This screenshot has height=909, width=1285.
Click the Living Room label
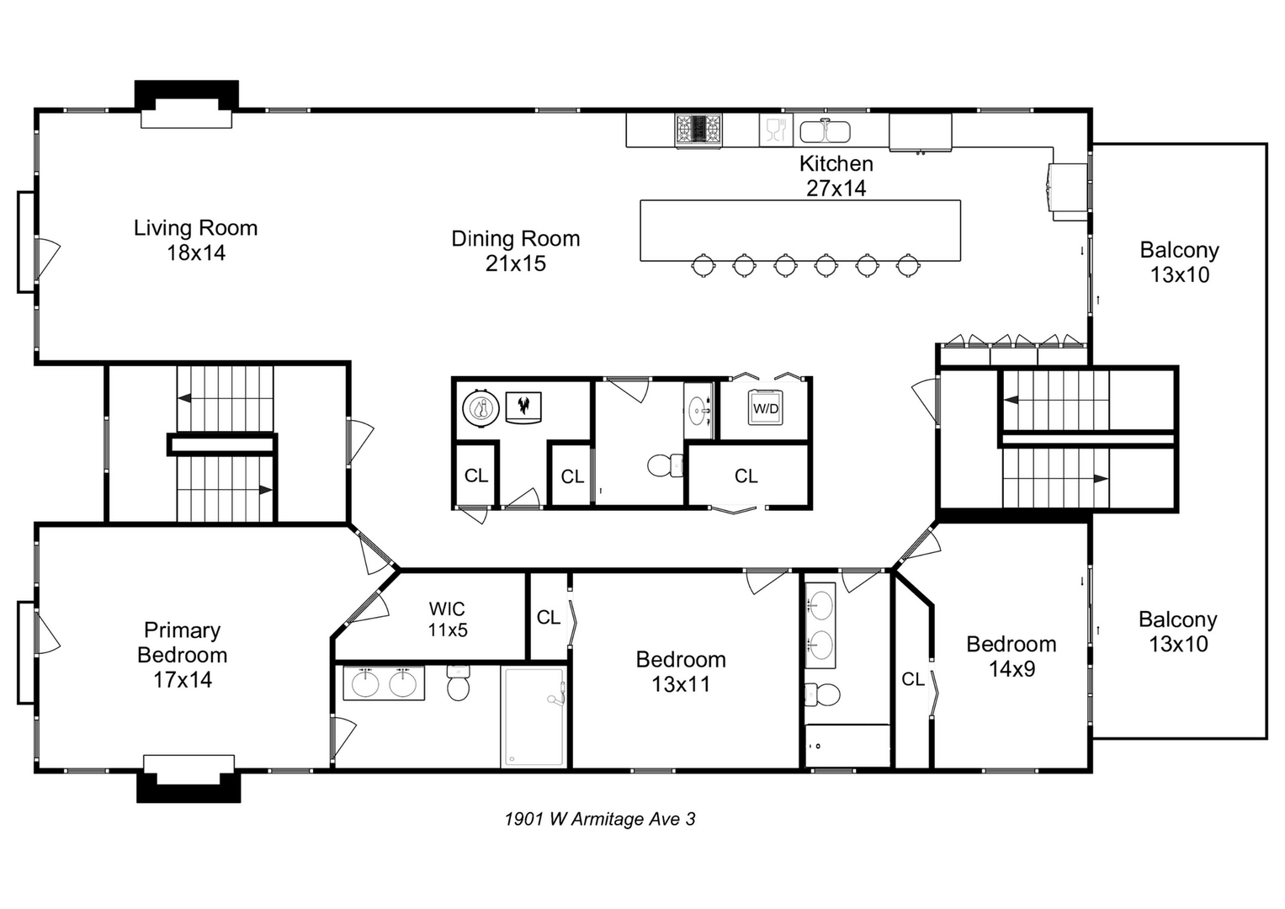195,240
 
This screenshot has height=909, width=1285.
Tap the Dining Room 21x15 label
515,251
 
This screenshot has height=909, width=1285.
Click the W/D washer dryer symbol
765,408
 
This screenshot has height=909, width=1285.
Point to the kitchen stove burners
698,130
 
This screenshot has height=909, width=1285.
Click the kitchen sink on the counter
825,132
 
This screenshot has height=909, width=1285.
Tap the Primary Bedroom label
182,655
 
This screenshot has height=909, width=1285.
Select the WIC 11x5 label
447,619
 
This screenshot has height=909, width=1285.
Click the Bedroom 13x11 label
681,672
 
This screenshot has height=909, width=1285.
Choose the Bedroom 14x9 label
1011,656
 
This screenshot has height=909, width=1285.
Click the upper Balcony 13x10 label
1179,262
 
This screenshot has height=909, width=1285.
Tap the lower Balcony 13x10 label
1178,631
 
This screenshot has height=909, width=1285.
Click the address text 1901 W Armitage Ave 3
599,819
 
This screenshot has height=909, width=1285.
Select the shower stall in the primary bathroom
534,716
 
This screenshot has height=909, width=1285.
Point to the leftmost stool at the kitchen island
704,265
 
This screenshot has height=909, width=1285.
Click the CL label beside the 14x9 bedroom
912,679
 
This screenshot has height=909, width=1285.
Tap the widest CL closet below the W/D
746,476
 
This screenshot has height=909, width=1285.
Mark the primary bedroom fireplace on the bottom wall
189,779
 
